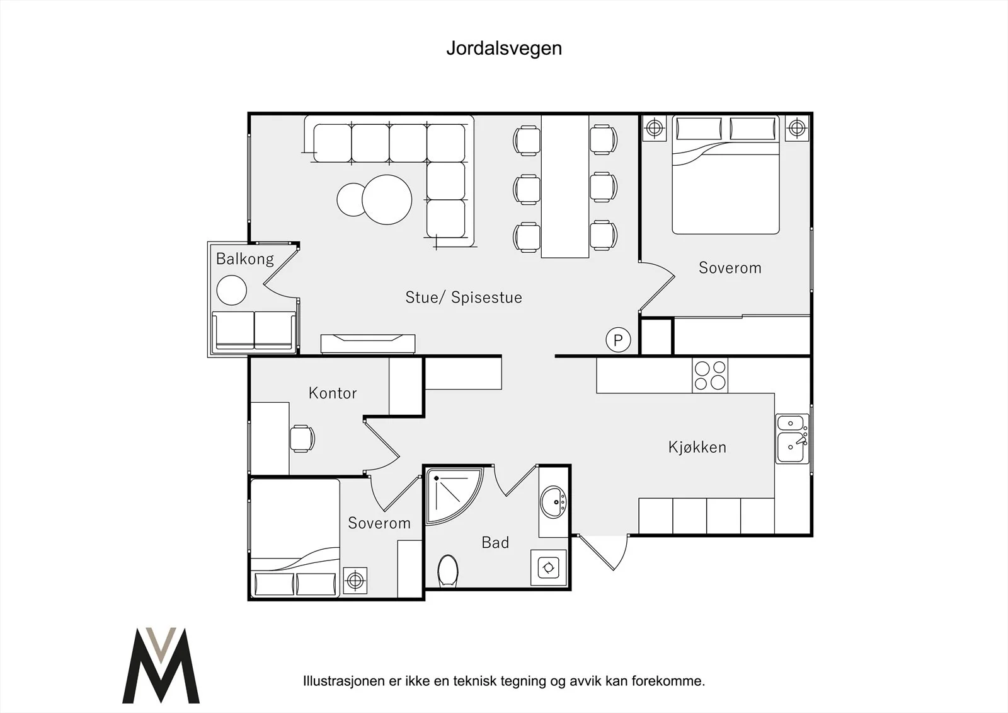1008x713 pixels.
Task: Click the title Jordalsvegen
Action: (x=504, y=49)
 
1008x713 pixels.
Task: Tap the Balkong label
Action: (x=245, y=259)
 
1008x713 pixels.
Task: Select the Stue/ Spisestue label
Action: (x=464, y=298)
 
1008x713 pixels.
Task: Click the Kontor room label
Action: (x=333, y=393)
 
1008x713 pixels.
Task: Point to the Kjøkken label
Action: (x=697, y=447)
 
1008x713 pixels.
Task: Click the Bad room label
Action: (x=495, y=543)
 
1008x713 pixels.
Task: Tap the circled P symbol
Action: (x=618, y=340)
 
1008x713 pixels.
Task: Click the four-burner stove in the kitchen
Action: (x=709, y=375)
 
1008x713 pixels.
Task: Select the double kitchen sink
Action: (x=792, y=439)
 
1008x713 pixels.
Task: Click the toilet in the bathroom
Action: (x=448, y=571)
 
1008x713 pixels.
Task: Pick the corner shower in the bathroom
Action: (x=454, y=496)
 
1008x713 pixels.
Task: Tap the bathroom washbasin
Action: (x=553, y=502)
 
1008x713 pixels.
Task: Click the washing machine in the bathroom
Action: (x=549, y=567)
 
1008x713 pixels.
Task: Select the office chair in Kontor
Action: (x=302, y=438)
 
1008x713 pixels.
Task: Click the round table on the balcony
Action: (x=232, y=290)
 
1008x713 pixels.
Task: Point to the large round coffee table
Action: (x=387, y=200)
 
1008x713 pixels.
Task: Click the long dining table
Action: (x=564, y=187)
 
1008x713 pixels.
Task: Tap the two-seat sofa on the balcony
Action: (x=255, y=330)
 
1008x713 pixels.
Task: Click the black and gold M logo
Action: (x=161, y=665)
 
